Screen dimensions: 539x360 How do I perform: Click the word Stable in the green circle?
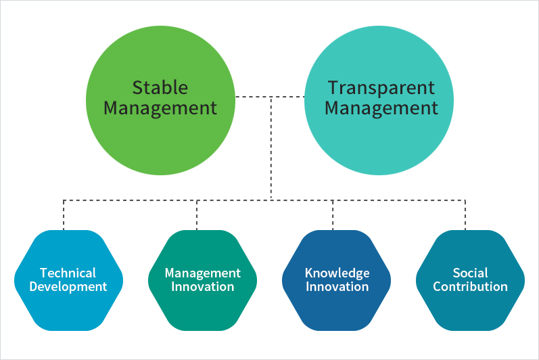(160, 88)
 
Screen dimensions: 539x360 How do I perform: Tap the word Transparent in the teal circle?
(381, 88)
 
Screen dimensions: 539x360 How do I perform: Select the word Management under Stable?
(160, 108)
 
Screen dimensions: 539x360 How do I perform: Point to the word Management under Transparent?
(381, 108)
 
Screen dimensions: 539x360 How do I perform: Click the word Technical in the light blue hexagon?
(68, 273)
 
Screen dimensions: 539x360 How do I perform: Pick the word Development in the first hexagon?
(68, 287)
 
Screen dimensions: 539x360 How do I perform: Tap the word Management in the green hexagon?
(202, 273)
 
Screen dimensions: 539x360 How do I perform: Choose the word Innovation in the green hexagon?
(202, 287)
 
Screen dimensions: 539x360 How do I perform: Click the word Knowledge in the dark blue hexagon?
(337, 273)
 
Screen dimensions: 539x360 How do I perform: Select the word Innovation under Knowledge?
(337, 287)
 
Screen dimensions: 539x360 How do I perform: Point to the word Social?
(470, 273)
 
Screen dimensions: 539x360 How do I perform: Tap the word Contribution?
(470, 287)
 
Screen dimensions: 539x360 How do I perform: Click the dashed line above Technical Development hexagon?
(64, 215)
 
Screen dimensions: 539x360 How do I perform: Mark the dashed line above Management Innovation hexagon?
(197, 215)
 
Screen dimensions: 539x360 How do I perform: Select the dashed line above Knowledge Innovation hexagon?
(333, 215)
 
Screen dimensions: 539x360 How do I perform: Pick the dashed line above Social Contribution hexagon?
(465, 215)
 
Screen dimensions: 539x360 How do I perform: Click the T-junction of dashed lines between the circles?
(271, 97)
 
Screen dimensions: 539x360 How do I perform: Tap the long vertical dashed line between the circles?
(271, 148)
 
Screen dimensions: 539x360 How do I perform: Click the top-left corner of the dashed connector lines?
(64, 200)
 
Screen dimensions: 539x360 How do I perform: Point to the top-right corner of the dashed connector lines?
(465, 200)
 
